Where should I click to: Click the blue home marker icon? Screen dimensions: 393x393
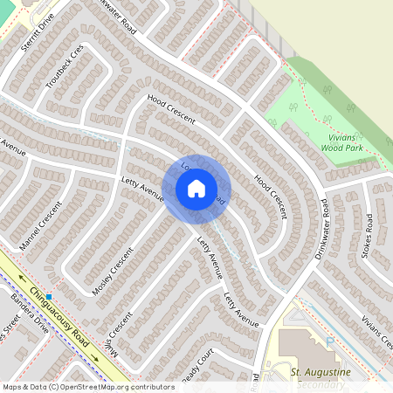pos(196,188)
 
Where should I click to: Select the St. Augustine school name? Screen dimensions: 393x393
pos(320,373)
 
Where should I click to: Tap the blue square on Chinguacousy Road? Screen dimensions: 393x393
pos(50,297)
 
